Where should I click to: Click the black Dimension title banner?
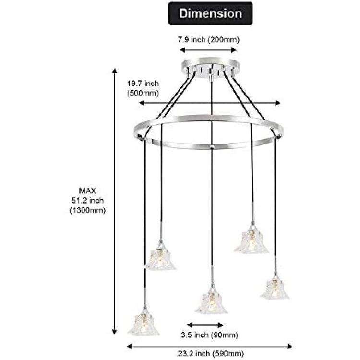point(210,13)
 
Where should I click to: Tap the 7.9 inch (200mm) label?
point(208,40)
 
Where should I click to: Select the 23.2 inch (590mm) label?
point(211,353)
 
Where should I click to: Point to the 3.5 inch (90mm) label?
point(209,335)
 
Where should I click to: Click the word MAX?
point(87,191)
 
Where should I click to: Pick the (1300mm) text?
point(88,210)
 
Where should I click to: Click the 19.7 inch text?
point(143,84)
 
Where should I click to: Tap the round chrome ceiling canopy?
point(210,67)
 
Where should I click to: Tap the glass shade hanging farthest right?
point(275,288)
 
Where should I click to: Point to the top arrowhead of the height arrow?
point(114,71)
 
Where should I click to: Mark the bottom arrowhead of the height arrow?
point(114,331)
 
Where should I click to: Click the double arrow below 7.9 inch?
point(208,50)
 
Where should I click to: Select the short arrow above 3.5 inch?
point(205,325)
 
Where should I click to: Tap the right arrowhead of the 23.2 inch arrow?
point(290,347)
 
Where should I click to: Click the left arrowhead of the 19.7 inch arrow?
point(142,103)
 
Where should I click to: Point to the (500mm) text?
point(143,93)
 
